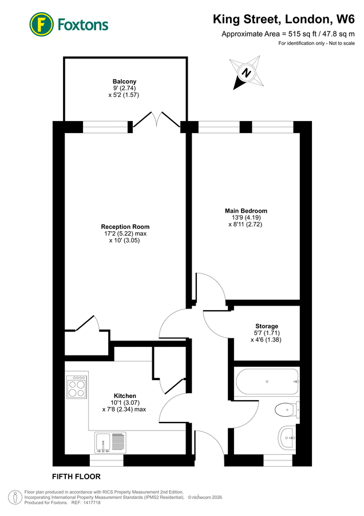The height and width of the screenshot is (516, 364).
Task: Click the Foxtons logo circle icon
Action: click(x=41, y=24)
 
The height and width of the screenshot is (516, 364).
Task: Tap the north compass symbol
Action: click(x=247, y=73)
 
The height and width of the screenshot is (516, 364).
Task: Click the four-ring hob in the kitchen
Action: click(x=77, y=388)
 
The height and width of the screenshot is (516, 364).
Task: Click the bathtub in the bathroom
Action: click(x=267, y=382)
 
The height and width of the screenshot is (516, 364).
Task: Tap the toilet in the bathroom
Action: click(x=286, y=410)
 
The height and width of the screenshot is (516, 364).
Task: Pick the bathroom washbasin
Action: click(x=287, y=439)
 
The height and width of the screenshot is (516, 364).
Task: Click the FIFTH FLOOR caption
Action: click(x=77, y=476)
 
